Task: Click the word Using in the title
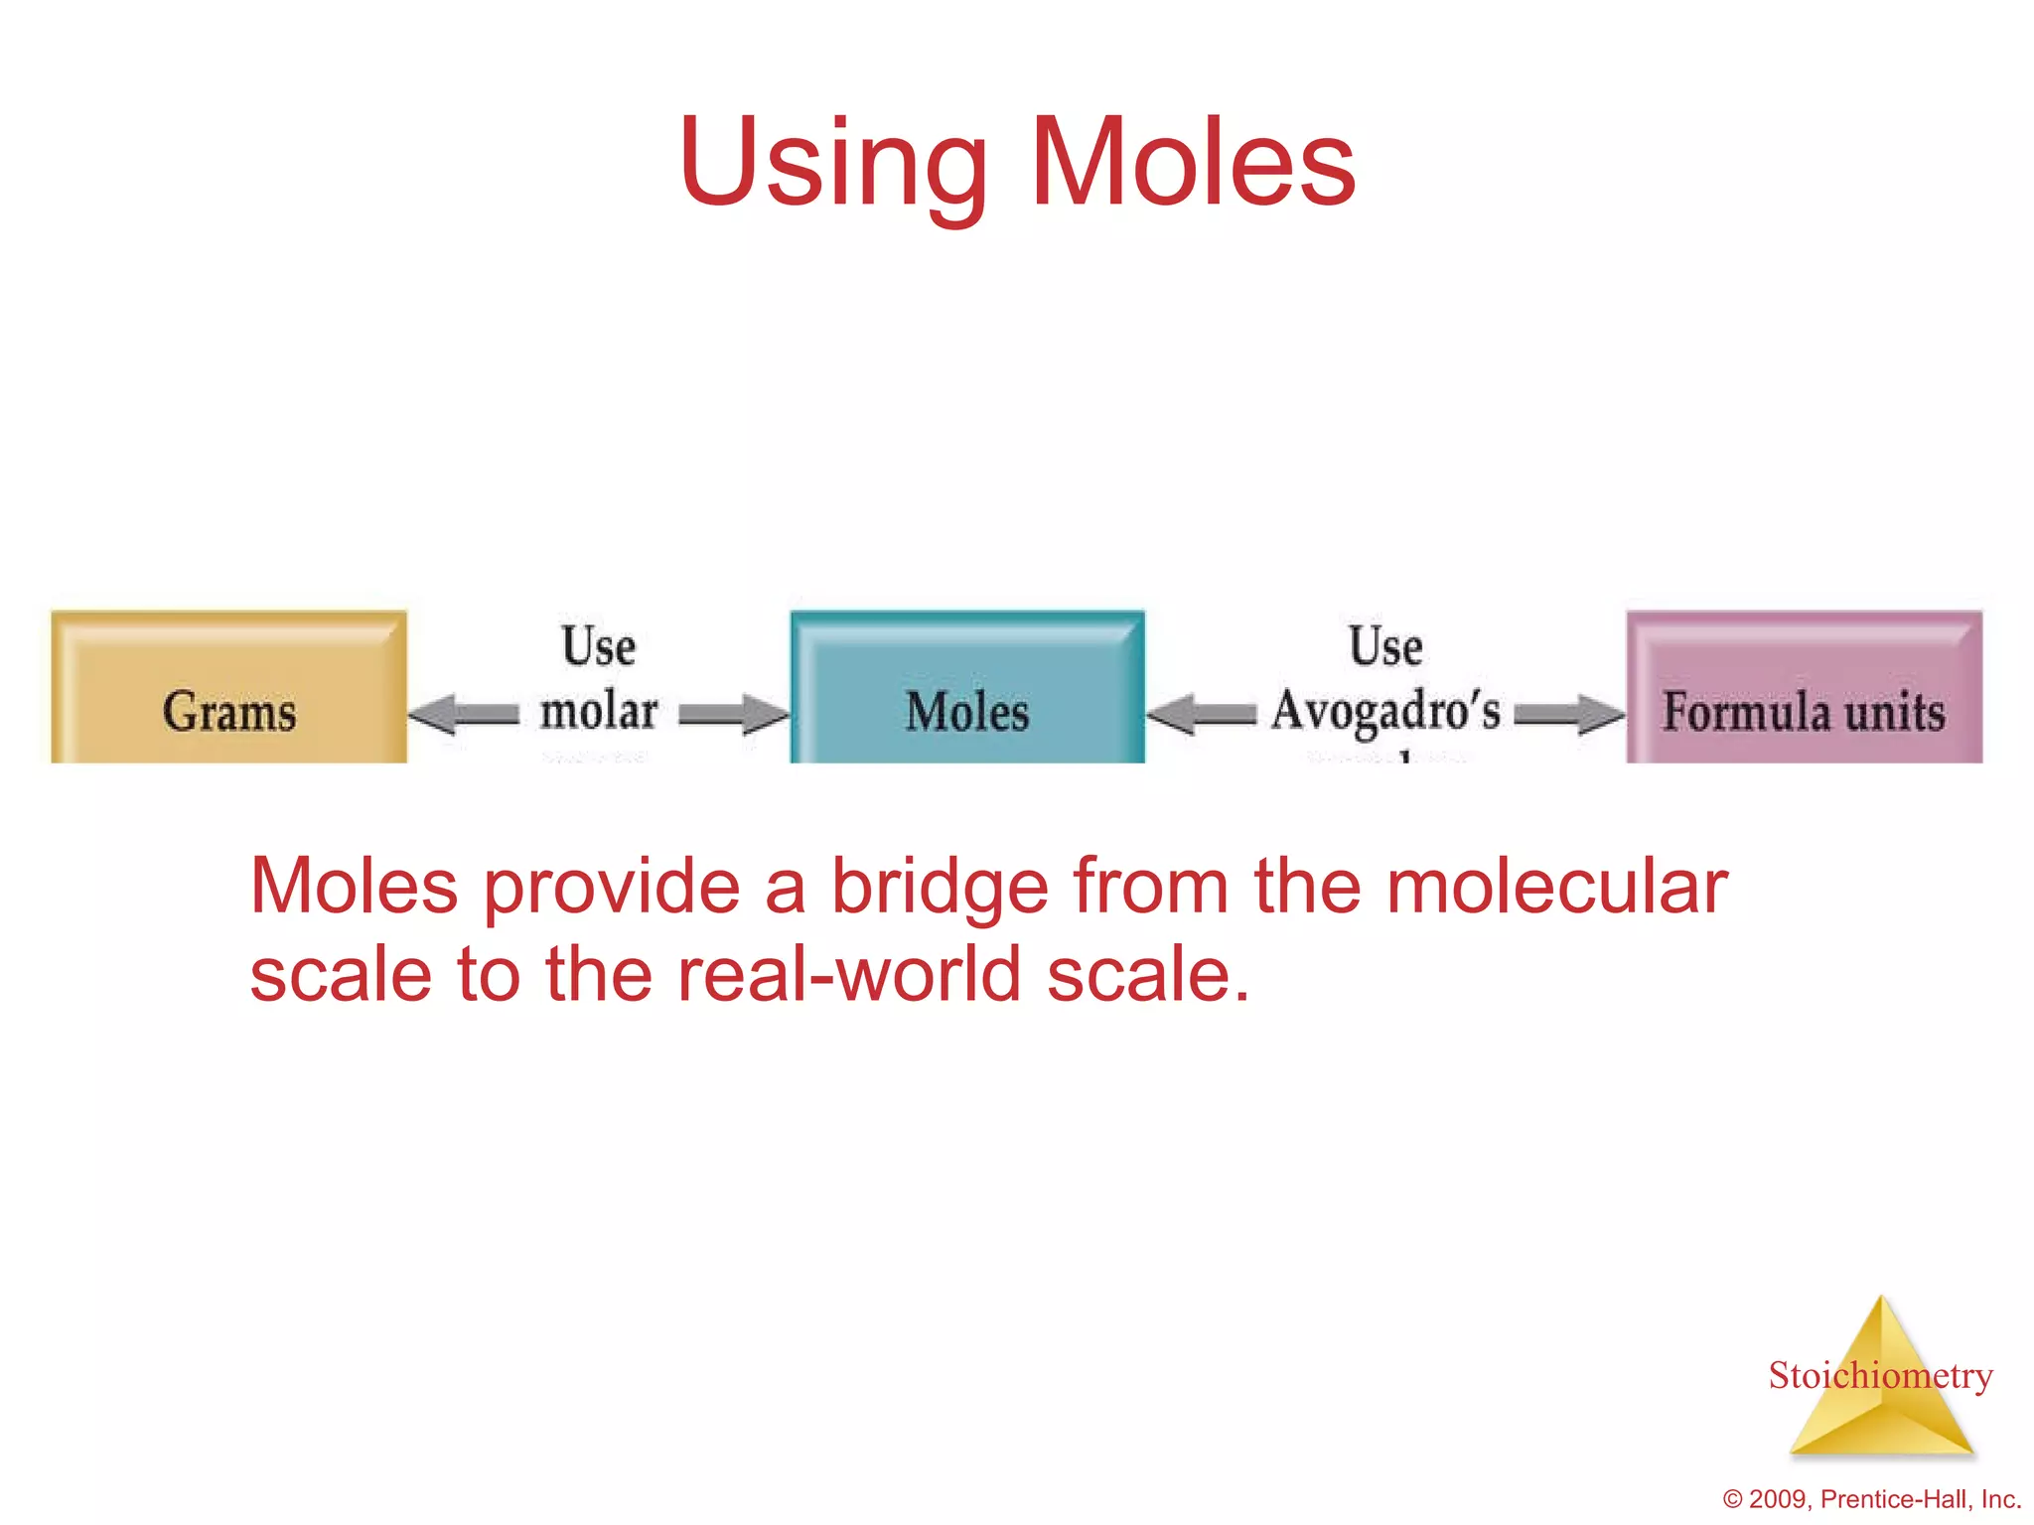(832, 164)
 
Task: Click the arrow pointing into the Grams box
(461, 714)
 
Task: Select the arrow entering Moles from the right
(1202, 714)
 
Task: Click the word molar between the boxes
(599, 711)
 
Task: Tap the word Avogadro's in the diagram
(1386, 711)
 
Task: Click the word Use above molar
(598, 646)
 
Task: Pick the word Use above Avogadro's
(1385, 646)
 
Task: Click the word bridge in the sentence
(940, 887)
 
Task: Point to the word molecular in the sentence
(1555, 887)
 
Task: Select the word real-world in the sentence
(849, 975)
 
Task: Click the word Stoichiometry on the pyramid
(1880, 1375)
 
